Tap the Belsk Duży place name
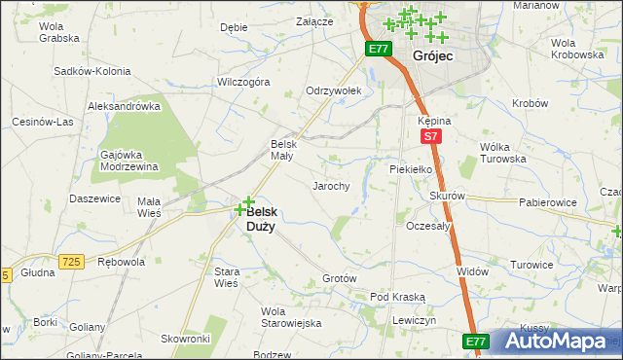tap(260, 219)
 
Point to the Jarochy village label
tap(330, 185)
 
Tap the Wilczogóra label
tap(243, 83)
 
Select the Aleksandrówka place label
tap(124, 105)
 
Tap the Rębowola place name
tap(122, 262)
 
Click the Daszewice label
tap(94, 198)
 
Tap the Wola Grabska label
tap(58, 33)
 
